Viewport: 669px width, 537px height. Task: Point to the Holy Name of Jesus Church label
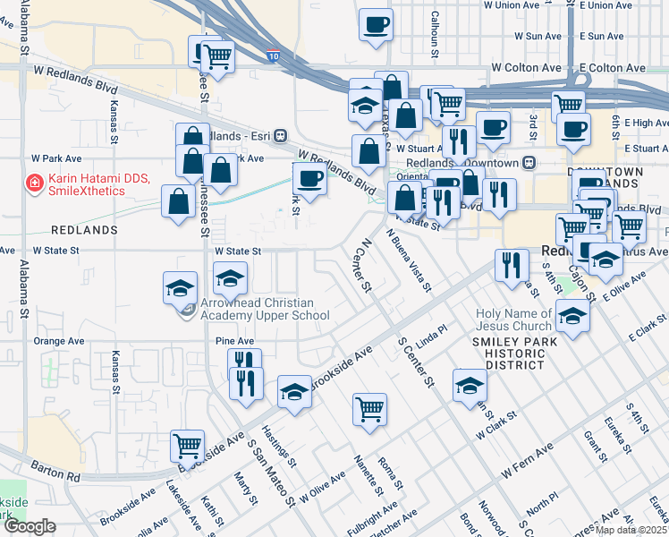point(513,320)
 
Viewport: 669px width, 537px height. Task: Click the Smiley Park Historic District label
point(516,353)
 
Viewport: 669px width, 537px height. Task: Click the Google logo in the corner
point(30,526)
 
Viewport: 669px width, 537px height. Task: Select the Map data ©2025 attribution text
point(631,530)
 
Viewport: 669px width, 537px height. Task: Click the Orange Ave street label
point(58,341)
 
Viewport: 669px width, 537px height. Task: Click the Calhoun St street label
point(435,33)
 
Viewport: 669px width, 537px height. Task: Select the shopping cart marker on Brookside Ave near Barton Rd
point(188,443)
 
